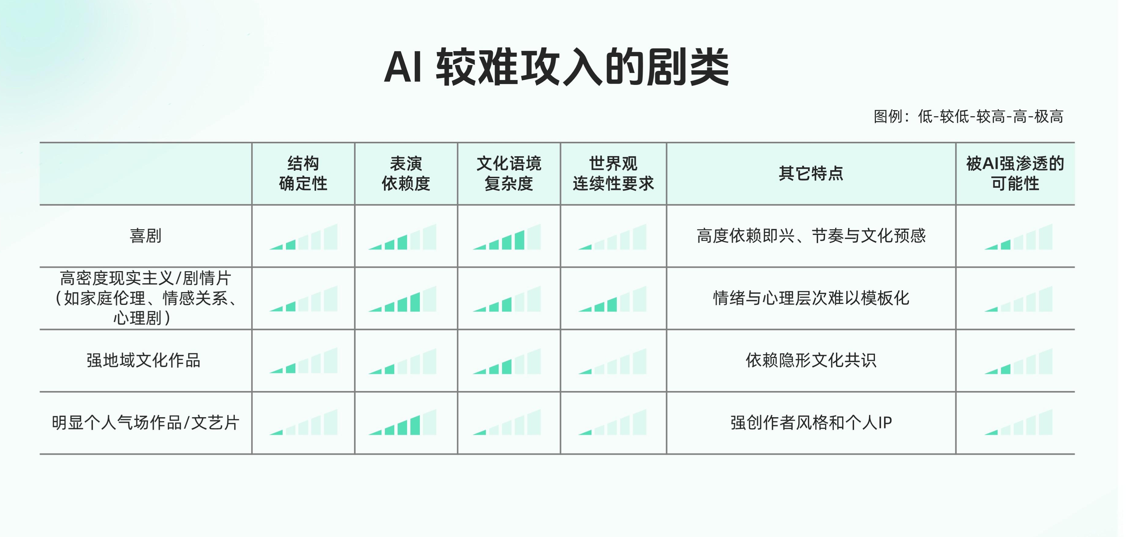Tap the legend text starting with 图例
click(x=968, y=117)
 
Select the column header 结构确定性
click(x=303, y=174)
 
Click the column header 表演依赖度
click(x=406, y=174)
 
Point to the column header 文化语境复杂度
click(x=509, y=174)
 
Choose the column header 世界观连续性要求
click(x=613, y=174)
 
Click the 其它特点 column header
click(x=811, y=174)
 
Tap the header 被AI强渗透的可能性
click(x=1015, y=174)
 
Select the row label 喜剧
click(x=145, y=236)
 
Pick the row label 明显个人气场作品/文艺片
click(x=145, y=423)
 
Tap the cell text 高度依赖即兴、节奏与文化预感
click(x=811, y=236)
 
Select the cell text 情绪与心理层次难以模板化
click(x=811, y=298)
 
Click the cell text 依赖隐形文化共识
click(x=811, y=360)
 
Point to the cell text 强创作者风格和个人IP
click(x=811, y=423)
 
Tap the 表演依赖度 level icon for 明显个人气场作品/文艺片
click(x=402, y=423)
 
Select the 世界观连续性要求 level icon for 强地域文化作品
click(x=612, y=362)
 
